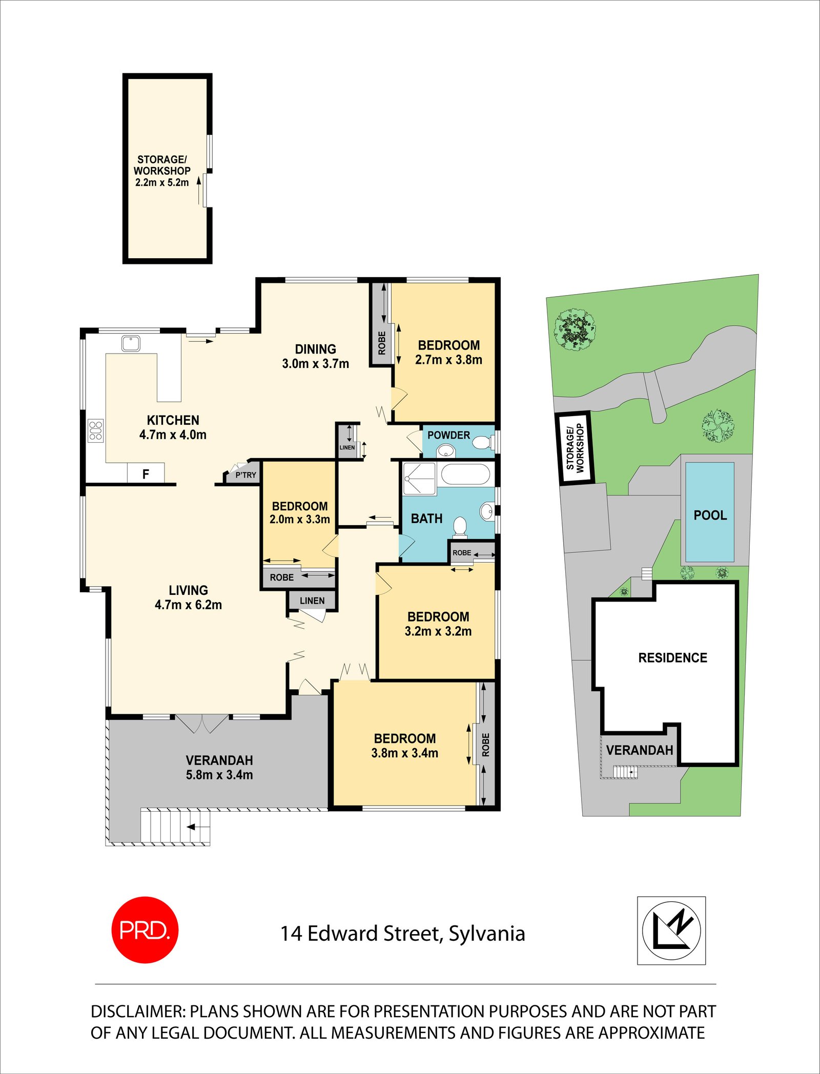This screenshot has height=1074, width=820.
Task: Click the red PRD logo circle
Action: (x=145, y=930)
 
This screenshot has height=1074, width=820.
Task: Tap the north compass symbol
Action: (x=671, y=931)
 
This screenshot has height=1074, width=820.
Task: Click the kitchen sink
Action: (x=131, y=343)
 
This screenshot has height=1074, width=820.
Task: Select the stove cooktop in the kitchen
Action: (x=96, y=430)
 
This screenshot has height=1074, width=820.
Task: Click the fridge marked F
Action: (x=146, y=473)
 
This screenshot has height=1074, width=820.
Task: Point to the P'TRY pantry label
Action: (x=245, y=475)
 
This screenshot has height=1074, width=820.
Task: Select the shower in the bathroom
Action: (x=419, y=479)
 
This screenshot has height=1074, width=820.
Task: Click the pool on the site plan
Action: (x=710, y=512)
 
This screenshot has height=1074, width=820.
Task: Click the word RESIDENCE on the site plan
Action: (x=672, y=658)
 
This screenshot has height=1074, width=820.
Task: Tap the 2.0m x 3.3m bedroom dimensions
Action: (x=300, y=519)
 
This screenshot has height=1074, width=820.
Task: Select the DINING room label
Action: (x=315, y=349)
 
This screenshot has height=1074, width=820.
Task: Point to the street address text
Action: (x=402, y=934)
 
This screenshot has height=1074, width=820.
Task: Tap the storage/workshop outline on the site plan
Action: (x=575, y=447)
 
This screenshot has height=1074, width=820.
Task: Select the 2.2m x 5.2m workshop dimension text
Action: (x=162, y=182)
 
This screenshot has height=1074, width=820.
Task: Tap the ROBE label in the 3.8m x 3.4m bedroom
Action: (x=486, y=745)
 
